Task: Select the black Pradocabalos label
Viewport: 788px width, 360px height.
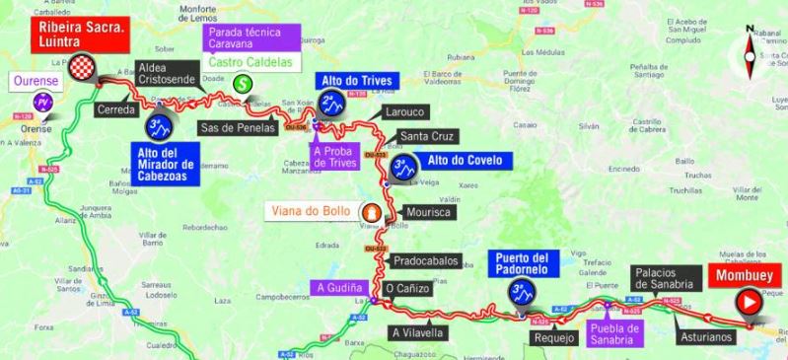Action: pos(425,261)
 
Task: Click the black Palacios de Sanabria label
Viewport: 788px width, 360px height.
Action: pos(672,278)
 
